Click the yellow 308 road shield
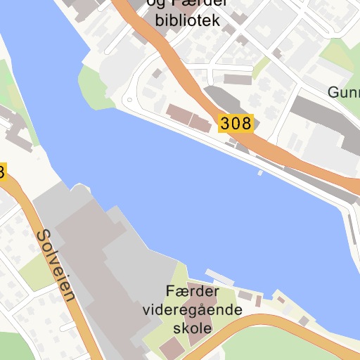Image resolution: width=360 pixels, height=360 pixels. point(235,124)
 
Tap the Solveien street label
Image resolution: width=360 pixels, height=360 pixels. point(53,264)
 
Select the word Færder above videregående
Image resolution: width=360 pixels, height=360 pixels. point(193,291)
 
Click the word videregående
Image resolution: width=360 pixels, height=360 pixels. point(192,310)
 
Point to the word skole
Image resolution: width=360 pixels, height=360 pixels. point(192,328)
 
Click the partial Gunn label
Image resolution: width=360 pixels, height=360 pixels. point(344,92)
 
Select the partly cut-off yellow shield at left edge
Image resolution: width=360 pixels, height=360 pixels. point(2,172)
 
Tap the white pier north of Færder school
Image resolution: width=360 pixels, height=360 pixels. point(219,276)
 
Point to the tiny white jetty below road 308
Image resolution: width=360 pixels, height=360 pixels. point(260,172)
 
